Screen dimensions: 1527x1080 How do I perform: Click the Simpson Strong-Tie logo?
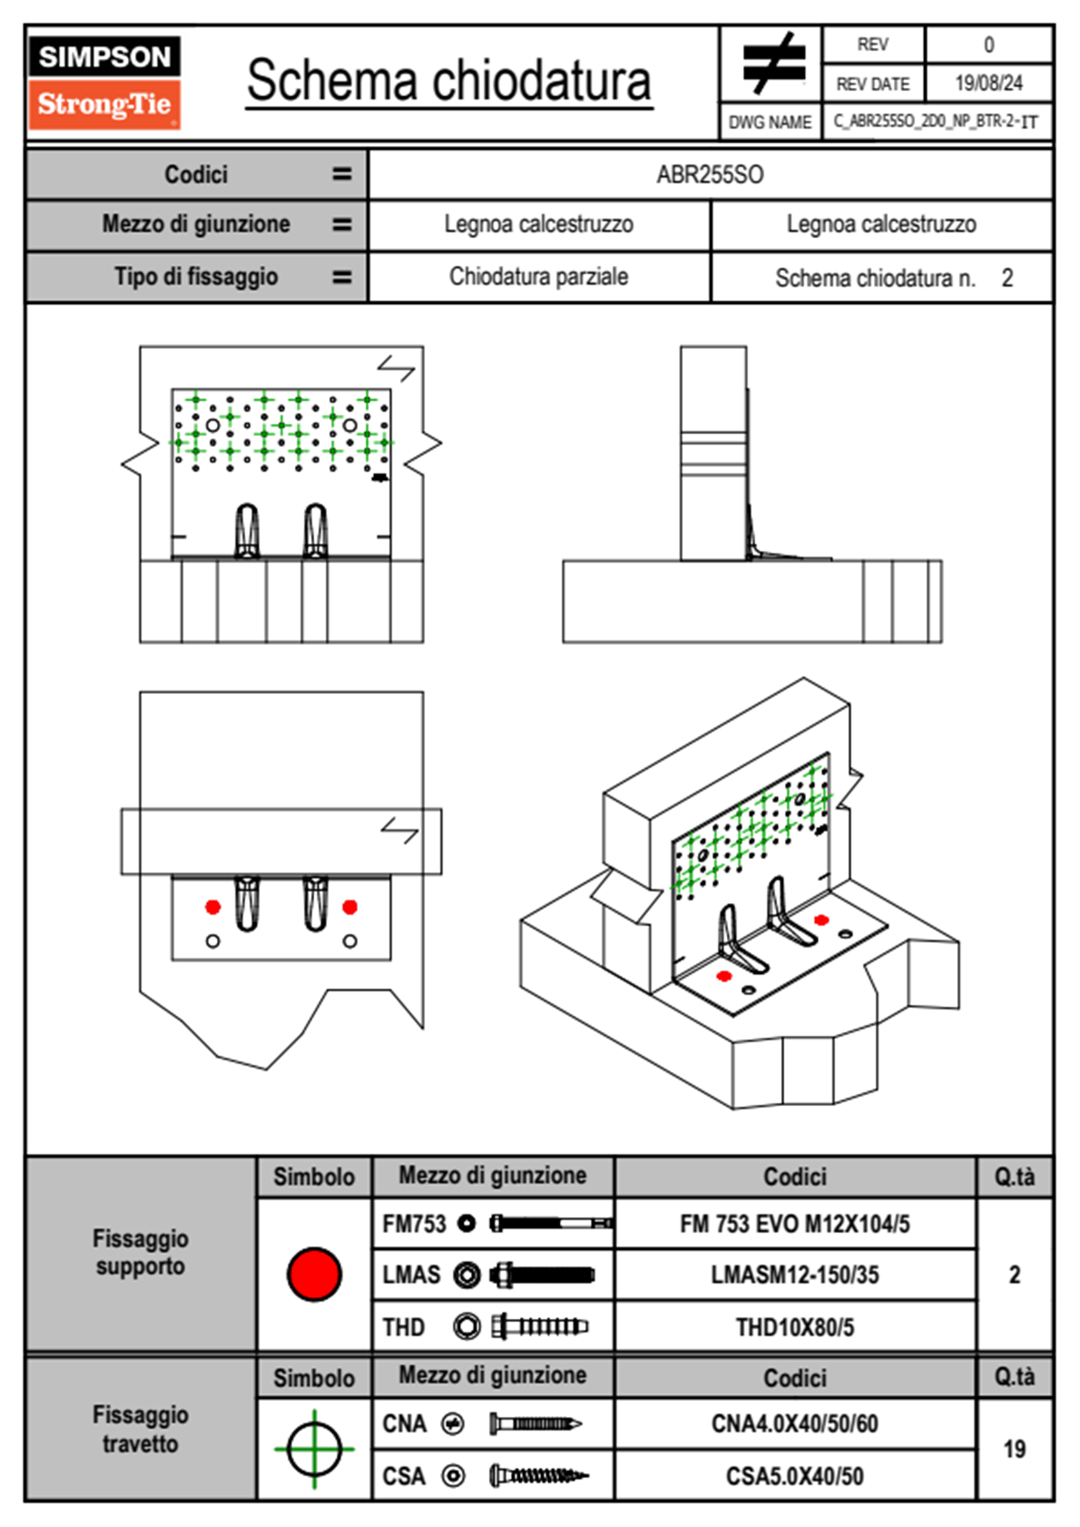pyautogui.click(x=104, y=83)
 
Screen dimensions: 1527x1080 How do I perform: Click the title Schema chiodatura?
pyautogui.click(x=448, y=81)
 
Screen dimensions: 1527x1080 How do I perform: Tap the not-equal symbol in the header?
pyautogui.click(x=772, y=64)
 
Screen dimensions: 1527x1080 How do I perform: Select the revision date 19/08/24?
pyautogui.click(x=988, y=84)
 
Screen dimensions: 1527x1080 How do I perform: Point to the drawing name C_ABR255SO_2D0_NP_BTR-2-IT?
pyautogui.click(x=936, y=121)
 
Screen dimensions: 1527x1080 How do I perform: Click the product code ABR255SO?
pyautogui.click(x=710, y=174)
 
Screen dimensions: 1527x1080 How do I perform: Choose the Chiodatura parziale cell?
pyautogui.click(x=538, y=277)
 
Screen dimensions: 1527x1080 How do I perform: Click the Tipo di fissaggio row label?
pyautogui.click(x=196, y=277)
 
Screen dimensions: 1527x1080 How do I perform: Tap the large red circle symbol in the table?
pyautogui.click(x=314, y=1274)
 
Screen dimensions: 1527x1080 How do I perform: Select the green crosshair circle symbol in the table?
pyautogui.click(x=314, y=1449)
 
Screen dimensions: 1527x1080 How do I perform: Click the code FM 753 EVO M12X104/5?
pyautogui.click(x=794, y=1224)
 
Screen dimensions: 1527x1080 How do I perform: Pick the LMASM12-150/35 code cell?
pyautogui.click(x=794, y=1275)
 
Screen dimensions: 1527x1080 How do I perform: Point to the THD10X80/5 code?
pyautogui.click(x=794, y=1327)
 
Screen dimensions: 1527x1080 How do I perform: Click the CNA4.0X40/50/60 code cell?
pyautogui.click(x=794, y=1424)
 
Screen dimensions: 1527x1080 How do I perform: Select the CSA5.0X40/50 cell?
pyautogui.click(x=794, y=1476)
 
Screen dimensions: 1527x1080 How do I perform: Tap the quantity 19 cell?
pyautogui.click(x=1014, y=1449)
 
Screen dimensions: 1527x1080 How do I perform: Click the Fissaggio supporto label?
pyautogui.click(x=141, y=1252)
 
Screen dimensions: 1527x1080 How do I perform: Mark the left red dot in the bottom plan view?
pyautogui.click(x=213, y=907)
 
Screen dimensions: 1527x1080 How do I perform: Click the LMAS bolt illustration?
pyautogui.click(x=542, y=1275)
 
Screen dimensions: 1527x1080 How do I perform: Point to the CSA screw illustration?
pyautogui.click(x=538, y=1476)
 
